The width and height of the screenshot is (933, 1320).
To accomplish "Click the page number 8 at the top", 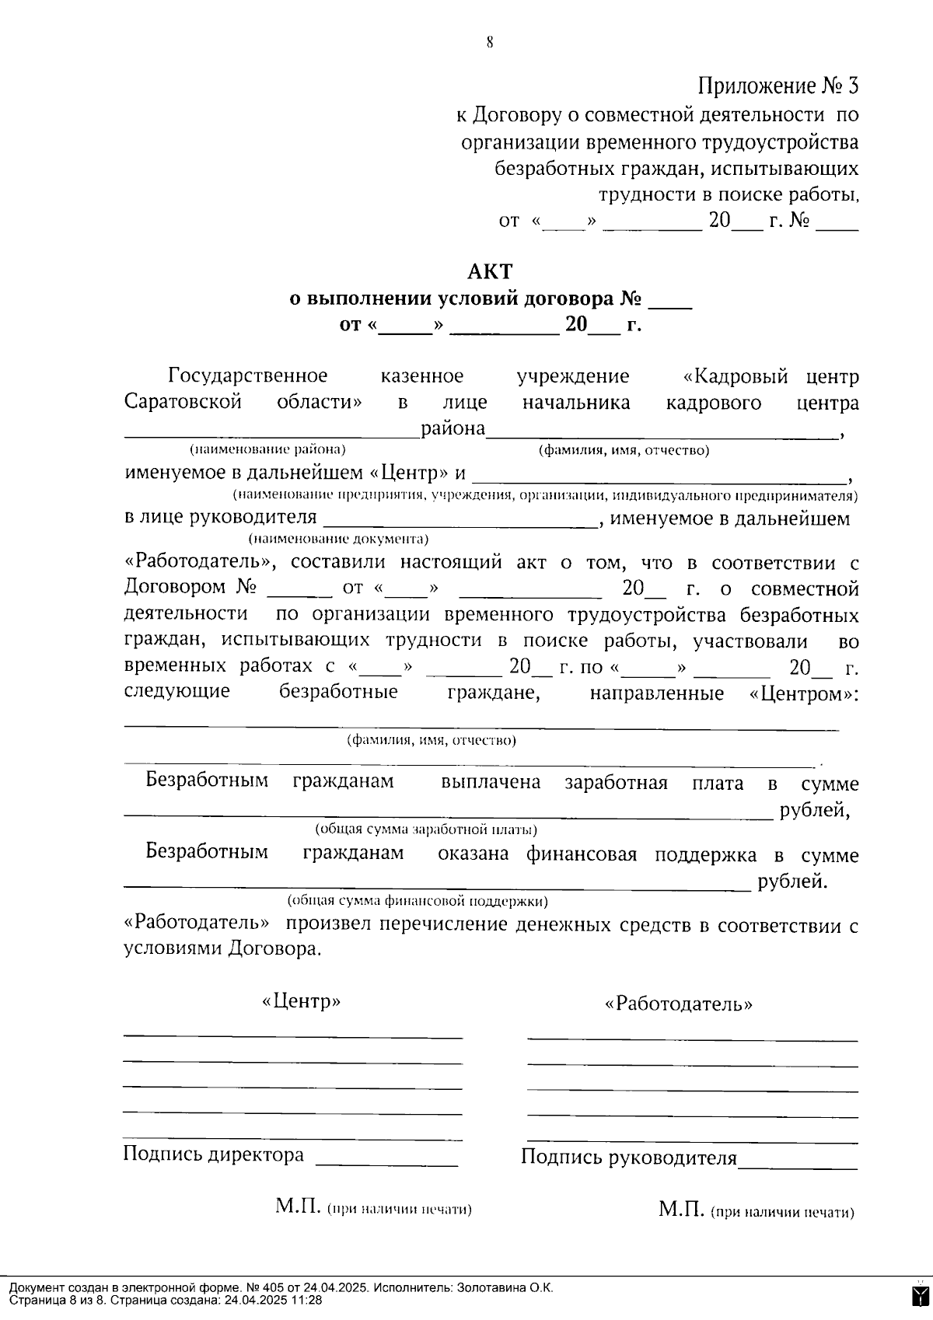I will point(490,44).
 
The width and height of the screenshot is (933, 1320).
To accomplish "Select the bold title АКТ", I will point(490,271).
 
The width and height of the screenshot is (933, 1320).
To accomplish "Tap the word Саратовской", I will point(183,403).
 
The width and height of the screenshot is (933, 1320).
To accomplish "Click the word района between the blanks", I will point(453,429).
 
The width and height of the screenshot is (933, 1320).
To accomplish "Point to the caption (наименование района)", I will point(268,449).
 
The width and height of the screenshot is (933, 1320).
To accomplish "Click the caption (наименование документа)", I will point(339,539).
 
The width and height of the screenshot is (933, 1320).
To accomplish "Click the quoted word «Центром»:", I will point(802,693).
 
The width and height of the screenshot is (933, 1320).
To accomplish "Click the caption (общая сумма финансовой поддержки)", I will point(418,901).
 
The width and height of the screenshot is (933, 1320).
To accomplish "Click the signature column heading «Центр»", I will point(302,1001).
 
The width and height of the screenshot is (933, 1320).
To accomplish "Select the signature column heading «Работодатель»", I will point(679,1004).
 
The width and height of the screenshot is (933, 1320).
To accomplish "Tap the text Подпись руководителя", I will point(628,1158).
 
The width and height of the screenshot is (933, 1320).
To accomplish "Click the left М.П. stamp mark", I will point(298,1207).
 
